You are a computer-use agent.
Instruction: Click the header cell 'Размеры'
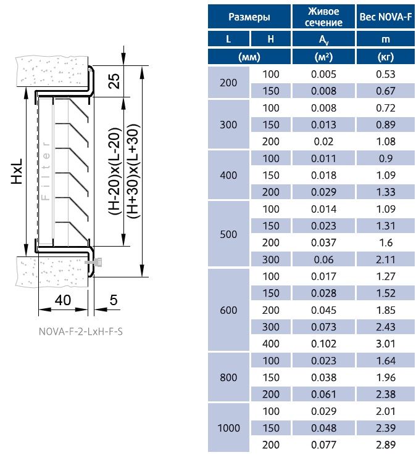[x=249, y=17]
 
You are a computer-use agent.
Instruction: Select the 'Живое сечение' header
[x=323, y=17]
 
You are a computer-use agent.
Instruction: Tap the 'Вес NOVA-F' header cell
[x=386, y=17]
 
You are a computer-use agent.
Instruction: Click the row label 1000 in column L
[x=228, y=428]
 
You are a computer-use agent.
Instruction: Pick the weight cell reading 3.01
[x=386, y=343]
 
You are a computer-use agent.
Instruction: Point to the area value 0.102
[x=323, y=343]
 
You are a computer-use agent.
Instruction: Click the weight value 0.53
[x=386, y=74]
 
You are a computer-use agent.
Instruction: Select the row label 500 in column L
[x=228, y=234]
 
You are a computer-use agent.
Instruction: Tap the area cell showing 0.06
[x=323, y=260]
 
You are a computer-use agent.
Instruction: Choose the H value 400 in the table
[x=271, y=343]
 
